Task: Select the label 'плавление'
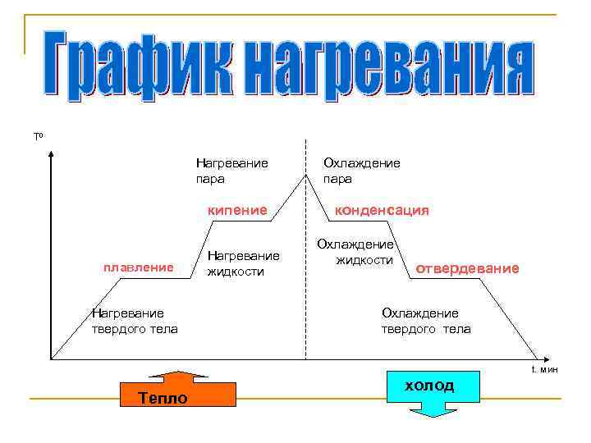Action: [x=137, y=267]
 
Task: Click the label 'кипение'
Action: [x=237, y=210]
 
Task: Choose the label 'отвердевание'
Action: [x=468, y=268]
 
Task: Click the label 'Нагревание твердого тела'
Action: [x=135, y=321]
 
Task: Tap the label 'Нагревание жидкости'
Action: [x=244, y=263]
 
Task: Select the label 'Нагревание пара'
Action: [x=231, y=170]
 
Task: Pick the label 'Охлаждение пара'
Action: [x=361, y=170]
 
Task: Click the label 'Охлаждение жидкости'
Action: [x=356, y=253]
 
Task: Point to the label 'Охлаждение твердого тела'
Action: [x=425, y=321]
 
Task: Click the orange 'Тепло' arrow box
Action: [x=178, y=392]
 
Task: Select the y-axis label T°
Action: [x=38, y=135]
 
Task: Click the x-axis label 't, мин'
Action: [x=544, y=370]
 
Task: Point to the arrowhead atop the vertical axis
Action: [x=52, y=153]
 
